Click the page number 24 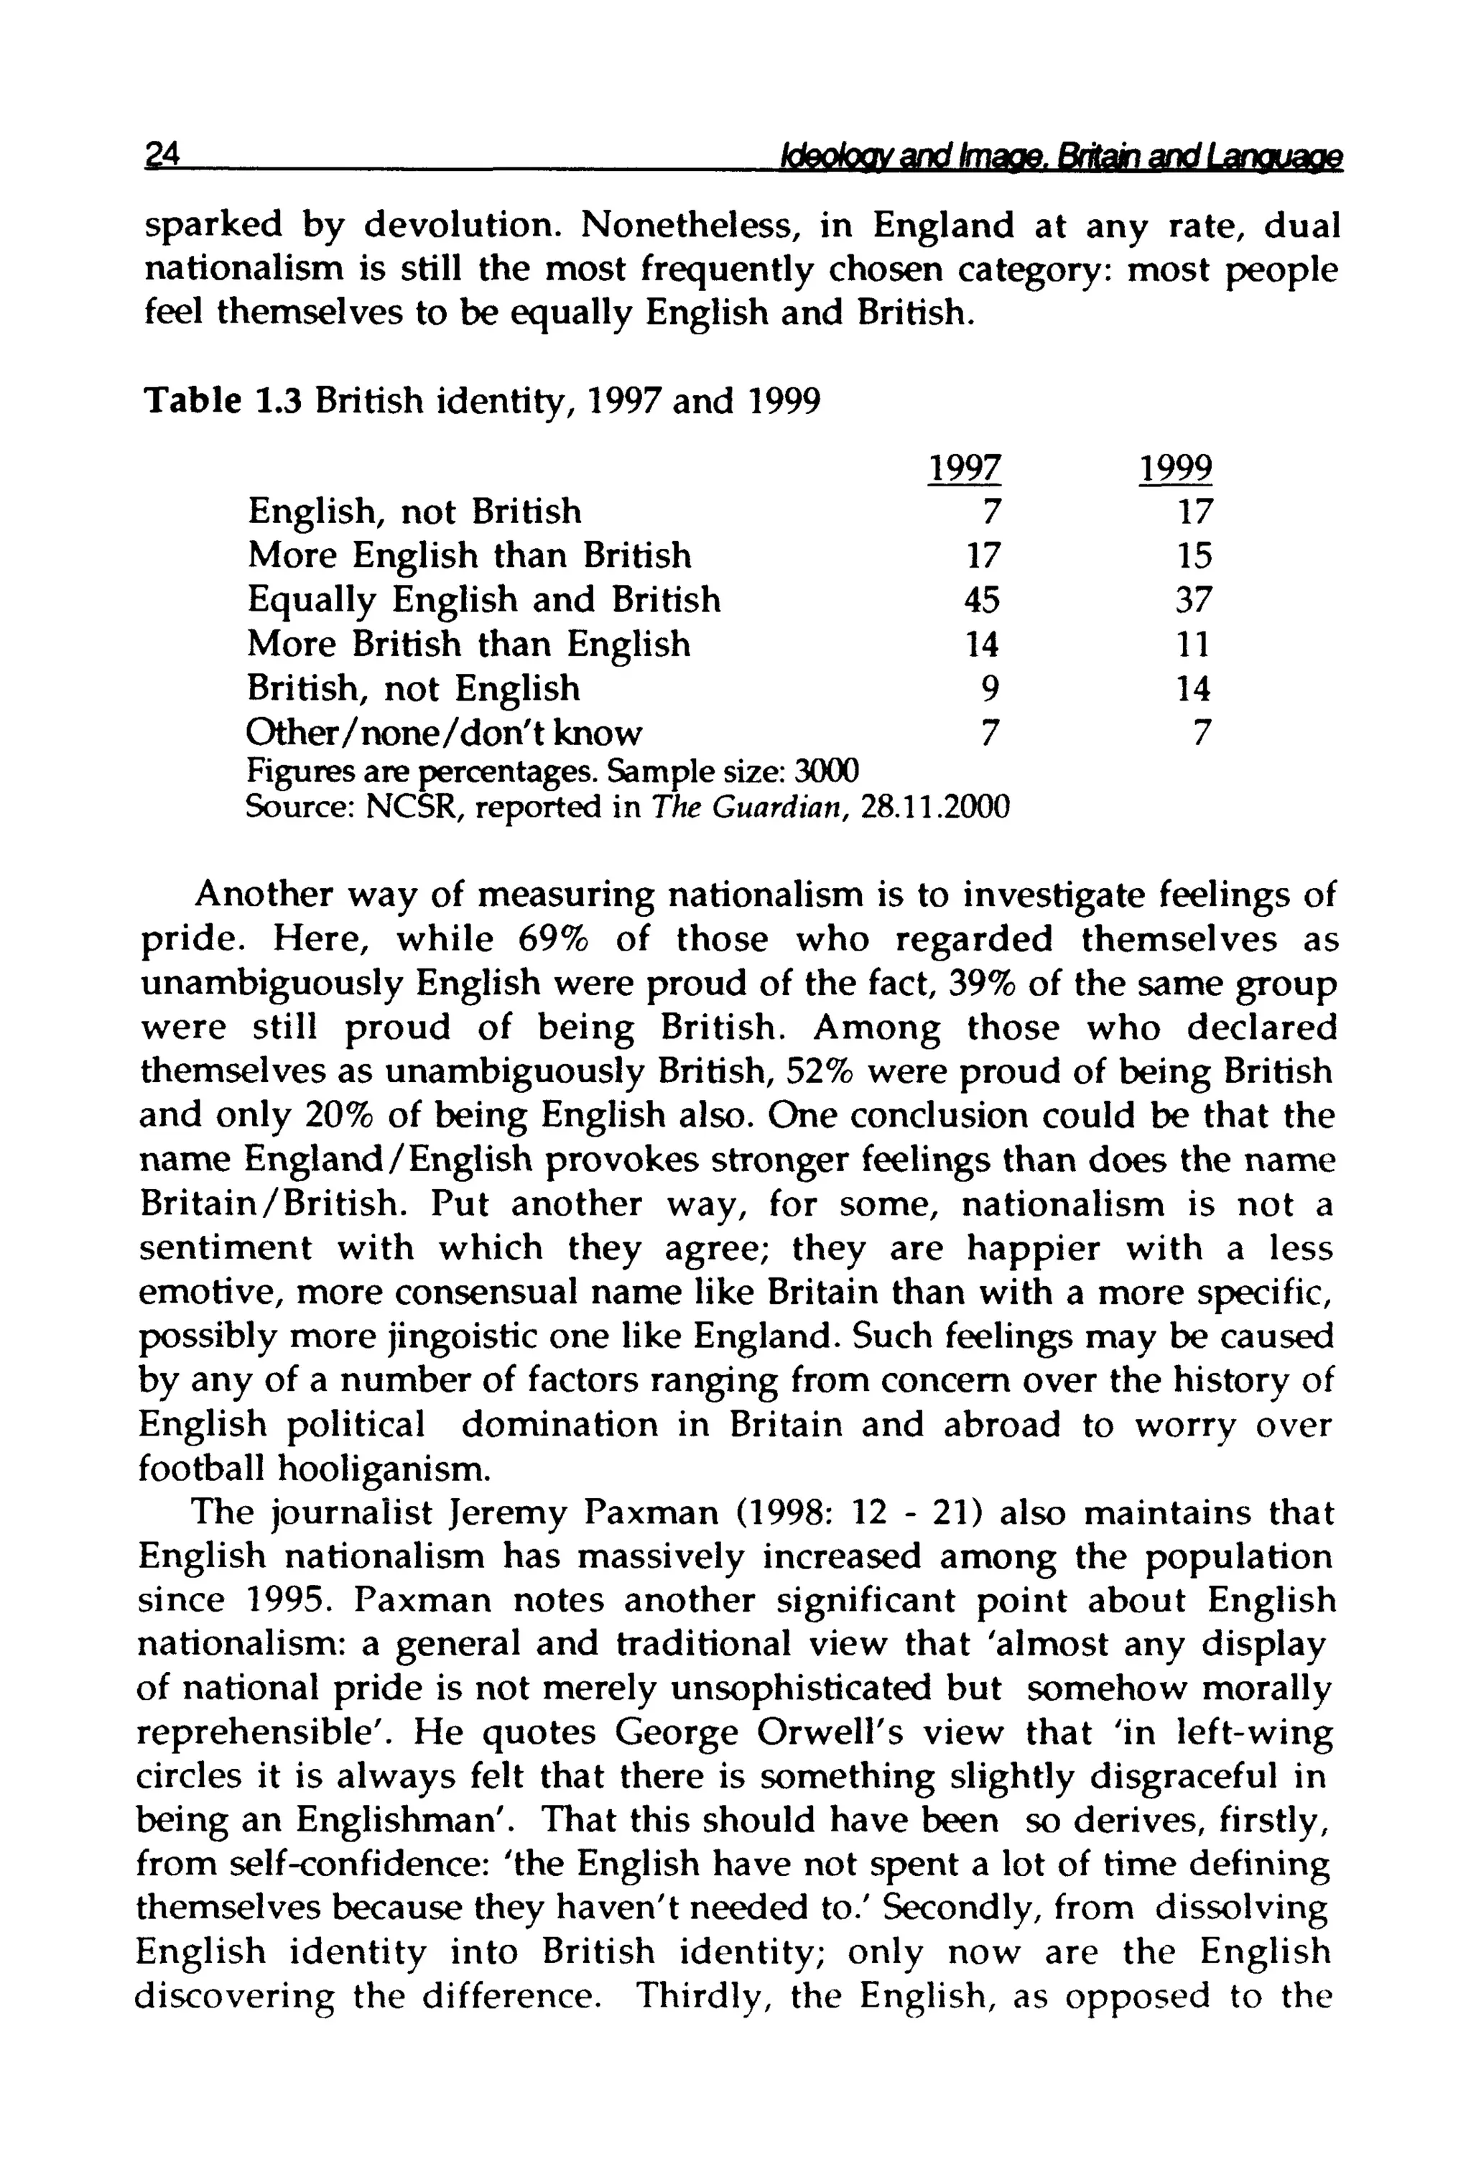pyautogui.click(x=161, y=155)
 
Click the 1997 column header pyautogui.click(x=963, y=467)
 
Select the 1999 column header pyautogui.click(x=1175, y=467)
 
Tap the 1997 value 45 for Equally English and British pyautogui.click(x=981, y=600)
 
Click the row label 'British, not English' pyautogui.click(x=413, y=689)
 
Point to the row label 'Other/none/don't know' pyautogui.click(x=444, y=733)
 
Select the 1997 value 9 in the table pyautogui.click(x=990, y=689)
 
